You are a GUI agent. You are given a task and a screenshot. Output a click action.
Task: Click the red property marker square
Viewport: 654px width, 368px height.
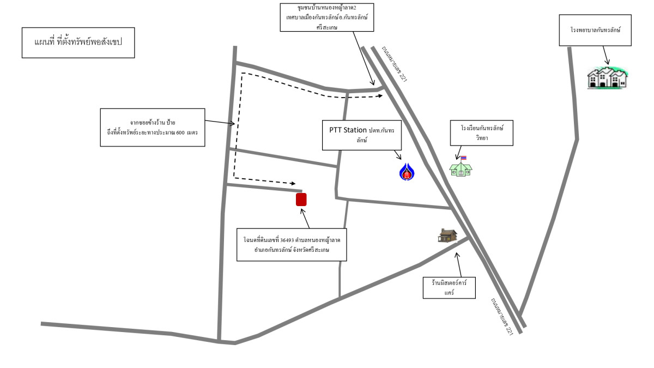[301, 200]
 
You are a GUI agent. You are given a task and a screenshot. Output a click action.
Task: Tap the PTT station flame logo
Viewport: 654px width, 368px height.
[407, 172]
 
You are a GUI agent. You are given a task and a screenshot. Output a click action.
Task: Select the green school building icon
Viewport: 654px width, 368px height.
[461, 168]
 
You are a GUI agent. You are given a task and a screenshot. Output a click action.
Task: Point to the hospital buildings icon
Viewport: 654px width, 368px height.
[608, 77]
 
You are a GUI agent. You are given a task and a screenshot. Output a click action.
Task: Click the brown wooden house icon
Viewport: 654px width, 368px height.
[447, 236]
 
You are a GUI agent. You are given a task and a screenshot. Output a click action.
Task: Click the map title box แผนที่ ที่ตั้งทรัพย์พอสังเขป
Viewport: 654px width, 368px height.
[78, 43]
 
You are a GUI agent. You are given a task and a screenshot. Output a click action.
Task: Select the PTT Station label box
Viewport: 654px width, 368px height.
[361, 135]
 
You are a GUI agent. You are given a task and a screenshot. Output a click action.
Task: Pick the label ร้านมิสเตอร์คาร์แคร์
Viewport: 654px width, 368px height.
[450, 287]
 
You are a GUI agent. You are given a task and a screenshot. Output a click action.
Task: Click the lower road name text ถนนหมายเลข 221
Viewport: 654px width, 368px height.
[501, 316]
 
